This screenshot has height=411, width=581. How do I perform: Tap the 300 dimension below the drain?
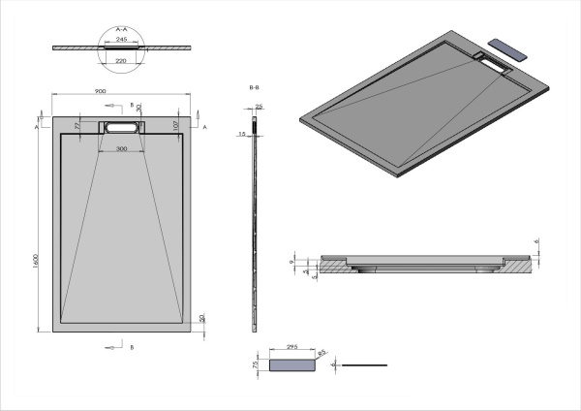121,149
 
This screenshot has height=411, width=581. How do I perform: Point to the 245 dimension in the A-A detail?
122,39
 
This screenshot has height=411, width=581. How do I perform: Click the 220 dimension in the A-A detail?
122,59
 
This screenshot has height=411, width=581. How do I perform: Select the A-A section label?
122,30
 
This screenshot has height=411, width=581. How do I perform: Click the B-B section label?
255,87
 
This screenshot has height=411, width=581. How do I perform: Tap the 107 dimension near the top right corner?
176,124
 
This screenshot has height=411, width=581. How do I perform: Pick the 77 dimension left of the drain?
76,125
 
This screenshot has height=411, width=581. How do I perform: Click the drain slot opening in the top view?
121,127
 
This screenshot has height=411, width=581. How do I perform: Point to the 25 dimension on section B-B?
260,108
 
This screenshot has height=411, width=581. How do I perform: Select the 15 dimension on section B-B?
242,135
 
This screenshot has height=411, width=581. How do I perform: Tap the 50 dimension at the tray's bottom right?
201,318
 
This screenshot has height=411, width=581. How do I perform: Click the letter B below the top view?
132,345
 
